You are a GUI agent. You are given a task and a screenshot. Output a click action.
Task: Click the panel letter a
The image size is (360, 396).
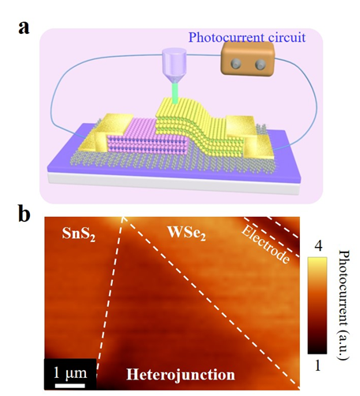pyautogui.click(x=24, y=28)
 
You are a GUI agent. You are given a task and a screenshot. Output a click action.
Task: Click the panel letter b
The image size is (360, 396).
pyautogui.click(x=24, y=215)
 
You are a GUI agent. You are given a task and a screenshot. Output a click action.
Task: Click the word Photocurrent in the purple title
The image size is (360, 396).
pyautogui.click(x=227, y=38)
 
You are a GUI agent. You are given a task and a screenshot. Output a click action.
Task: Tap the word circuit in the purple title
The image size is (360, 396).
pyautogui.click(x=287, y=37)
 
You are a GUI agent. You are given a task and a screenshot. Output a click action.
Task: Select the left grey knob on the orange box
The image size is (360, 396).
pyautogui.click(x=236, y=64)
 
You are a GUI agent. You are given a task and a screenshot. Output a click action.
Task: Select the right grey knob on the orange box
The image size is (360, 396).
pyautogui.click(x=261, y=64)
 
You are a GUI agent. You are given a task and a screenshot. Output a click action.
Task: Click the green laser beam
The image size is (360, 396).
pyautogui.click(x=174, y=93)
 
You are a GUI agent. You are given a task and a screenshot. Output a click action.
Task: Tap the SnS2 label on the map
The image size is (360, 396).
pyautogui.click(x=78, y=233)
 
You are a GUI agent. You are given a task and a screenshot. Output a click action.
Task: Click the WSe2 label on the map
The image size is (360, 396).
pyautogui.click(x=186, y=233)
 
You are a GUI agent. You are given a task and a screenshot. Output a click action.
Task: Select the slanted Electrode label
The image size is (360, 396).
pyautogui.click(x=265, y=245)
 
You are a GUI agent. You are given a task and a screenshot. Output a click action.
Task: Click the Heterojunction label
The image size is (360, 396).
pyautogui.click(x=181, y=375)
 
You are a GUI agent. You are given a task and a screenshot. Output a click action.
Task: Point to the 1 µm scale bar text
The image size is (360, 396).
pyautogui.click(x=70, y=372)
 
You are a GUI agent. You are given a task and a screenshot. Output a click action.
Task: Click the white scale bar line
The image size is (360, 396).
pyautogui.click(x=70, y=386)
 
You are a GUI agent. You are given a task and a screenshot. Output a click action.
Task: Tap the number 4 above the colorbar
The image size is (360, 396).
pyautogui.click(x=318, y=247)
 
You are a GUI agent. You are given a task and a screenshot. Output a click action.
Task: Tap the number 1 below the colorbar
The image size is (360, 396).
pyautogui.click(x=317, y=365)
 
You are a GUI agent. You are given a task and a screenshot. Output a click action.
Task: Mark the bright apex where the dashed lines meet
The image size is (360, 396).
pyautogui.click(x=122, y=218)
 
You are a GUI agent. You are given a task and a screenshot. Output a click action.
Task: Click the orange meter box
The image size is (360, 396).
pyautogui.click(x=247, y=59)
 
